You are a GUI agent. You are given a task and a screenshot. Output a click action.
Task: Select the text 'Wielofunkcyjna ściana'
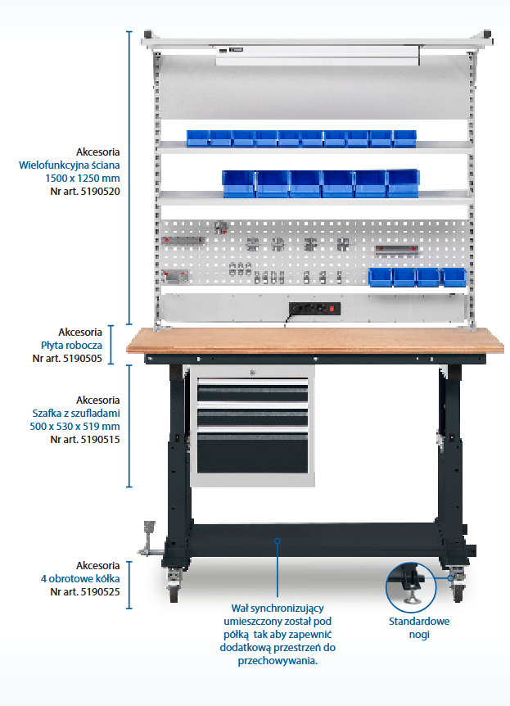coord(70,165)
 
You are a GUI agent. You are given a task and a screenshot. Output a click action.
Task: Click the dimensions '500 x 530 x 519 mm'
coord(74,426)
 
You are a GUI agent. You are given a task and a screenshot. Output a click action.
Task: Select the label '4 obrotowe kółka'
coord(81,578)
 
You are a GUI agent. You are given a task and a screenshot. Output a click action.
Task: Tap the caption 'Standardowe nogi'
coord(418,628)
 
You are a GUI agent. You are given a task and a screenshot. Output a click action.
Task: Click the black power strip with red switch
coord(314,309)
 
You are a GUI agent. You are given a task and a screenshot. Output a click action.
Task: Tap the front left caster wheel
coord(174,588)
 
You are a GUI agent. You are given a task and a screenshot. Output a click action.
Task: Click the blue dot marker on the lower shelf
coord(278,541)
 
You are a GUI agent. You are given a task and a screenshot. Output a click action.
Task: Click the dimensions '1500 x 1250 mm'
coord(83,178)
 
